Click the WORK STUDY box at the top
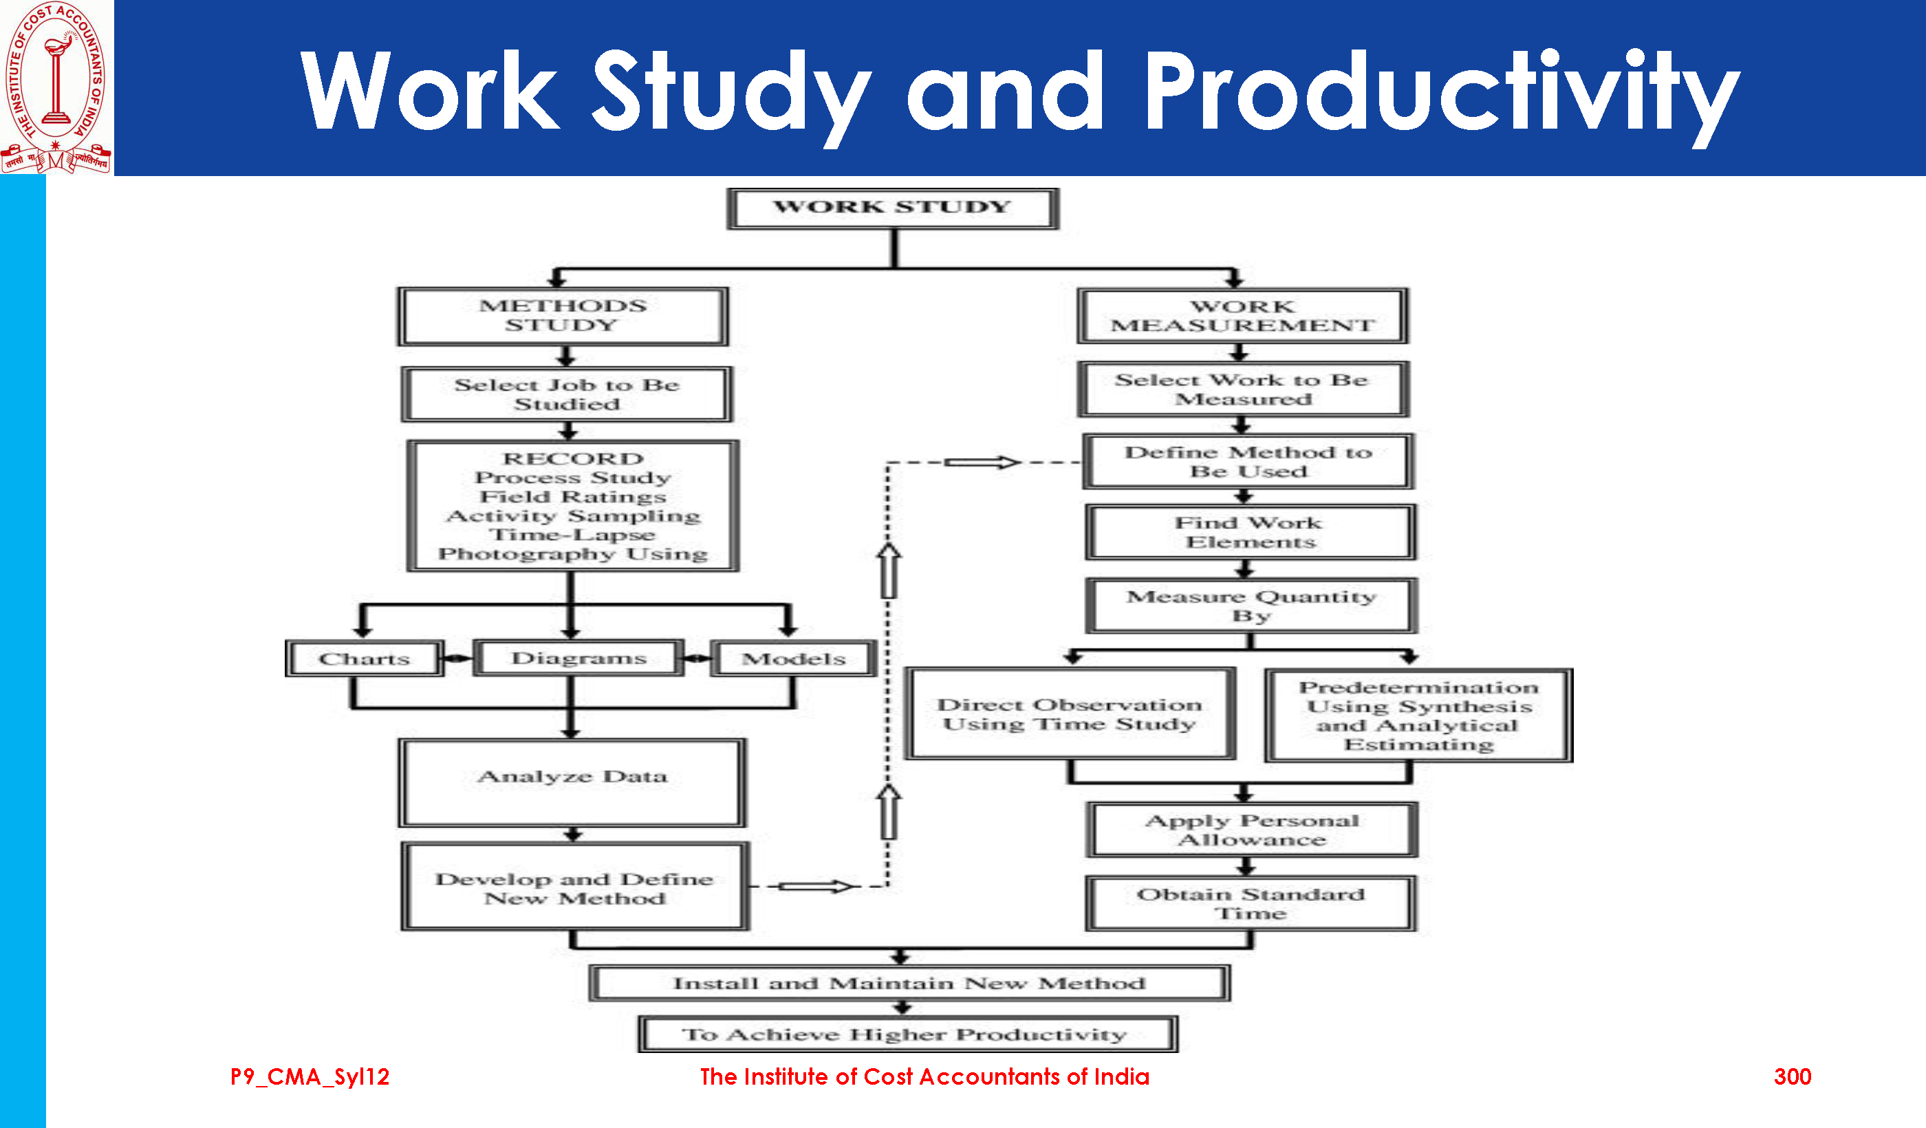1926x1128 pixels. [893, 208]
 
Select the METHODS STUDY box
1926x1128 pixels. [563, 316]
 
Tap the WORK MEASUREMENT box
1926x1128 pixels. [1243, 316]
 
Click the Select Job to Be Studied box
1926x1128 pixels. [566, 394]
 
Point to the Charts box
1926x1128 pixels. [364, 659]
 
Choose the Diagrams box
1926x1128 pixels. [578, 658]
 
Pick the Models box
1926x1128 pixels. [793, 659]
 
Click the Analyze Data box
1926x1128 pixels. [572, 783]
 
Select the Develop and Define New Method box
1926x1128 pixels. [575, 887]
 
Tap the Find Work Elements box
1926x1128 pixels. [1251, 532]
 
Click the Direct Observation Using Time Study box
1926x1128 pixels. [1070, 714]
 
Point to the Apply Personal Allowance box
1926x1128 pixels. [1252, 830]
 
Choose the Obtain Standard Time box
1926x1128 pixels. [1251, 903]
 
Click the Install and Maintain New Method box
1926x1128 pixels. [909, 984]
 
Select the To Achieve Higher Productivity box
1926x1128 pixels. [907, 1034]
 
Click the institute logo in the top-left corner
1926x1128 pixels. [56, 87]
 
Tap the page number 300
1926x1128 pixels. [1793, 1077]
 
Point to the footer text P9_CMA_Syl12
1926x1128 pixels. [310, 1077]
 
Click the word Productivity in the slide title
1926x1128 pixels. [1440, 91]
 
